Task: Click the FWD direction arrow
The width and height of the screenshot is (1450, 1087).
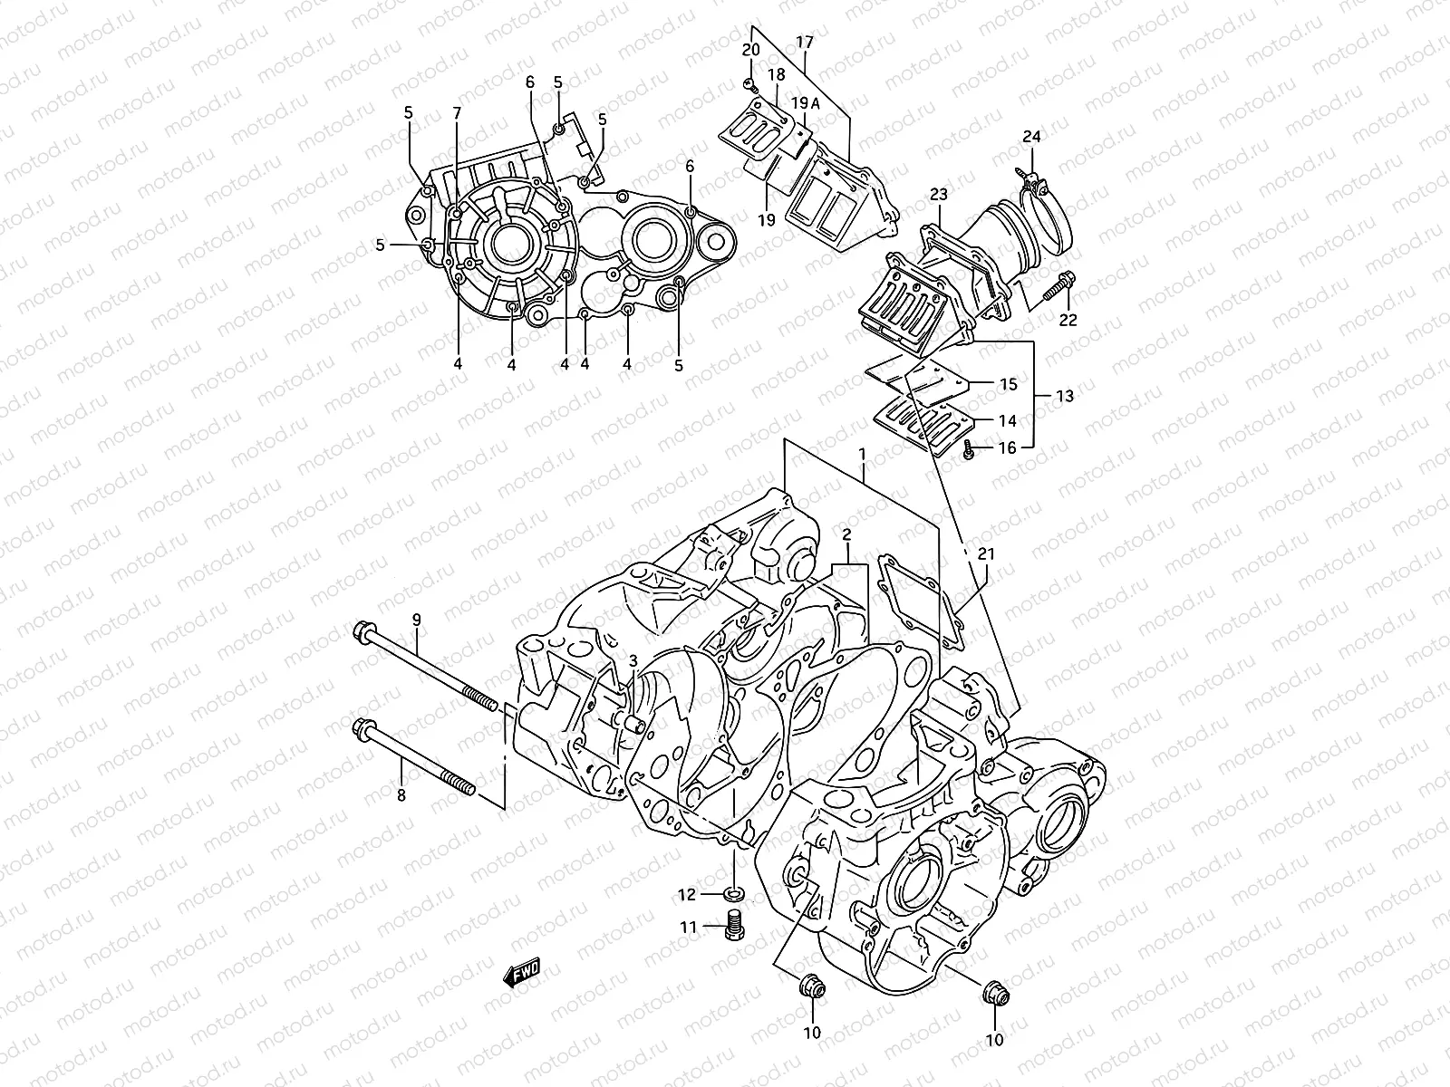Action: coord(523,975)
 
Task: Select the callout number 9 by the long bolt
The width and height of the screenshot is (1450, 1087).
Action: coord(417,620)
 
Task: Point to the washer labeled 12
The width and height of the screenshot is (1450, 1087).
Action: coord(734,895)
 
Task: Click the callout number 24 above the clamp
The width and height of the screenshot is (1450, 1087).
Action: coord(1032,137)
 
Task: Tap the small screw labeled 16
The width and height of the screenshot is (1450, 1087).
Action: coord(969,447)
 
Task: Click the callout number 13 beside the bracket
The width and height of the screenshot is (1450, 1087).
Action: coord(1065,396)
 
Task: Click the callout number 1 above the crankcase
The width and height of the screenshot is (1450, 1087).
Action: coord(863,452)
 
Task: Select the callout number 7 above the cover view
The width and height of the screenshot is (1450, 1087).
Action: coord(457,113)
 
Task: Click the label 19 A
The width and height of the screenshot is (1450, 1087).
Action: coord(804,103)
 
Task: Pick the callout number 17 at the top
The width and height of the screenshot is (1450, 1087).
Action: coord(805,42)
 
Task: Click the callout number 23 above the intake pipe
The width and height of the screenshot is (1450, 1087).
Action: coord(938,194)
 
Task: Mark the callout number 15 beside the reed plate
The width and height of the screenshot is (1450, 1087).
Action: coord(1008,385)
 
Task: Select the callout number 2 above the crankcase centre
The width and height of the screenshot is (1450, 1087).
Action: coord(845,534)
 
